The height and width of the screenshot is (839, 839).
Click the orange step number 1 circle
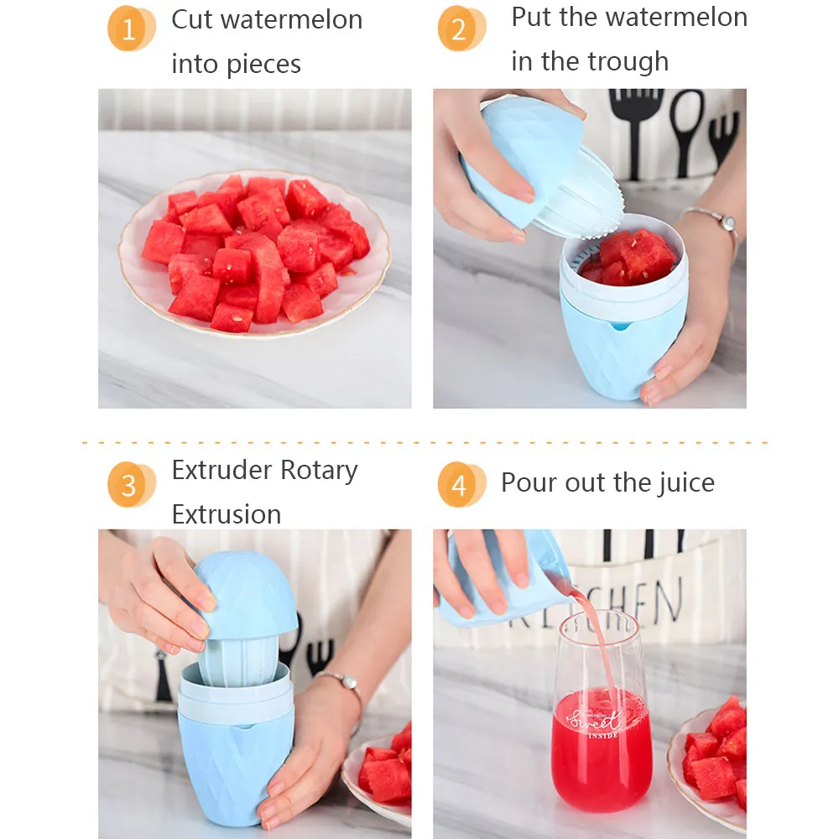131,29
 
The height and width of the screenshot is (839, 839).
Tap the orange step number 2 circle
461,29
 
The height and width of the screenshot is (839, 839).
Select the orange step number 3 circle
131,484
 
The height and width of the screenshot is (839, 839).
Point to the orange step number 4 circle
461,484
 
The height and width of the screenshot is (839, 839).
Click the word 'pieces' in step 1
263,65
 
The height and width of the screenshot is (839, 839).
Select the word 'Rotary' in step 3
319,472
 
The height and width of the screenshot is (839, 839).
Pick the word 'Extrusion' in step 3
227,514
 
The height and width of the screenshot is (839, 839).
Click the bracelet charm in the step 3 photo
349,682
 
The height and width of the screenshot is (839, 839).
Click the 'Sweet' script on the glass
595,720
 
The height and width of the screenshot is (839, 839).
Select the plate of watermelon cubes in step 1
255,253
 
